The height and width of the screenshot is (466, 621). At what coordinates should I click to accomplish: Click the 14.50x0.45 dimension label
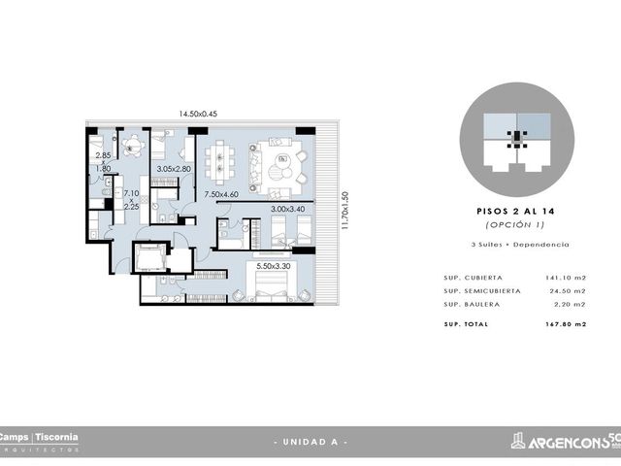[198, 114]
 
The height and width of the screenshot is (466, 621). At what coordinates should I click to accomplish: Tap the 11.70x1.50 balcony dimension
[345, 211]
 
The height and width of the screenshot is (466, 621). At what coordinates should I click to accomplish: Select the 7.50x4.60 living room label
[221, 194]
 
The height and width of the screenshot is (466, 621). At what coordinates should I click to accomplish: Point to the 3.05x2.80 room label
[174, 169]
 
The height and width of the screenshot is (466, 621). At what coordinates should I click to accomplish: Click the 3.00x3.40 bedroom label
[288, 209]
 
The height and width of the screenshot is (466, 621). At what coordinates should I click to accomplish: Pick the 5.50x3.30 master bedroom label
[274, 266]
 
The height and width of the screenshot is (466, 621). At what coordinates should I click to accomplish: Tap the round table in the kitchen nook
[133, 146]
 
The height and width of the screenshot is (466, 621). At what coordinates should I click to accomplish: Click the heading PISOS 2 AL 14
[515, 212]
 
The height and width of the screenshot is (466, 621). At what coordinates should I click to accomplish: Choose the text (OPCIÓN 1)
[515, 224]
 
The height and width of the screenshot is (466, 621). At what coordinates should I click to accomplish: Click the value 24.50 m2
[568, 291]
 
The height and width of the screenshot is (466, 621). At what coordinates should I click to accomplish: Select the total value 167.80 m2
[566, 324]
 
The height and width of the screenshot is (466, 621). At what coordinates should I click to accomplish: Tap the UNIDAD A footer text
[310, 442]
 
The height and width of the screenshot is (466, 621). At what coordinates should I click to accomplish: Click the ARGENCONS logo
[566, 441]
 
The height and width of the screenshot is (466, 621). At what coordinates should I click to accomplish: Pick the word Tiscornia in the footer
[56, 438]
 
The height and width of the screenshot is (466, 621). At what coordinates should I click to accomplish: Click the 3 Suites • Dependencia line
[520, 245]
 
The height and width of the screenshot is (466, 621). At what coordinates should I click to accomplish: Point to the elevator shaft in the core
[149, 257]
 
